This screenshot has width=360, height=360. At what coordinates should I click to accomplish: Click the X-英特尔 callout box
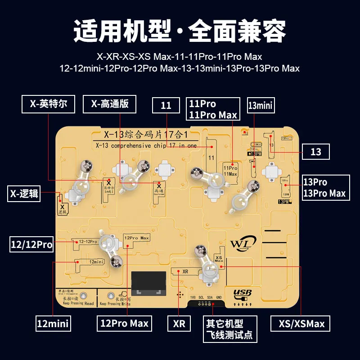(x=48, y=104)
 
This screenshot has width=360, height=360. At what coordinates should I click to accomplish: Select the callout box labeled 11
(x=166, y=105)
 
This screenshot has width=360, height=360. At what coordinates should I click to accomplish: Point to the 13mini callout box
(x=261, y=105)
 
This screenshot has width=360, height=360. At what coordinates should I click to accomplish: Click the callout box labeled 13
(x=316, y=152)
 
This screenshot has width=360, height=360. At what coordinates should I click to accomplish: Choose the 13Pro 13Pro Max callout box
(x=324, y=188)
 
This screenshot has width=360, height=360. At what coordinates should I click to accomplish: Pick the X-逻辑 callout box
(x=24, y=194)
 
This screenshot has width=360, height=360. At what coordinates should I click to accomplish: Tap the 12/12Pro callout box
(x=31, y=245)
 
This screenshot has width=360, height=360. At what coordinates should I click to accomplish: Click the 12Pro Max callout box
(x=124, y=323)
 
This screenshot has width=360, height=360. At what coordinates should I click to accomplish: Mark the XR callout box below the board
(x=179, y=323)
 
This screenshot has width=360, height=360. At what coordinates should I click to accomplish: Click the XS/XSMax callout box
(x=301, y=323)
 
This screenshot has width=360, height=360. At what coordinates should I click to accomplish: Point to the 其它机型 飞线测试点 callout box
(x=229, y=329)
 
